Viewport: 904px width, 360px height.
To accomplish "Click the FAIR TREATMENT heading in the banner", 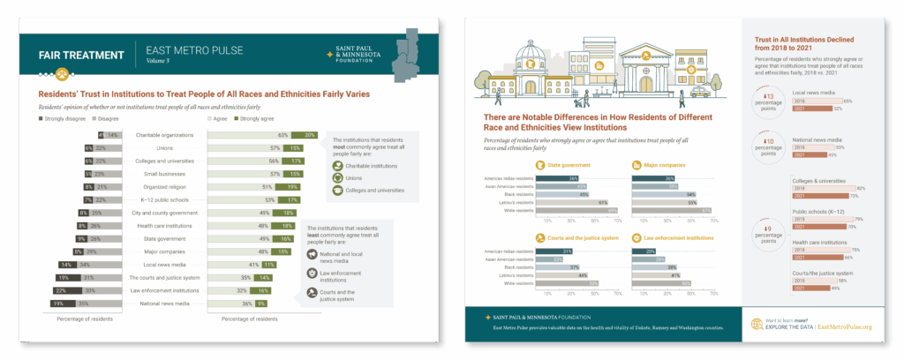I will coord(81,55).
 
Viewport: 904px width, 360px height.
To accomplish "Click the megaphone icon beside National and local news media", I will coord(313,255).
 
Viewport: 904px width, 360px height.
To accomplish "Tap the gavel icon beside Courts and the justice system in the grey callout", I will coord(313,294).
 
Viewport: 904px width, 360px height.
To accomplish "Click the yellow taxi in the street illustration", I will coord(700,89).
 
